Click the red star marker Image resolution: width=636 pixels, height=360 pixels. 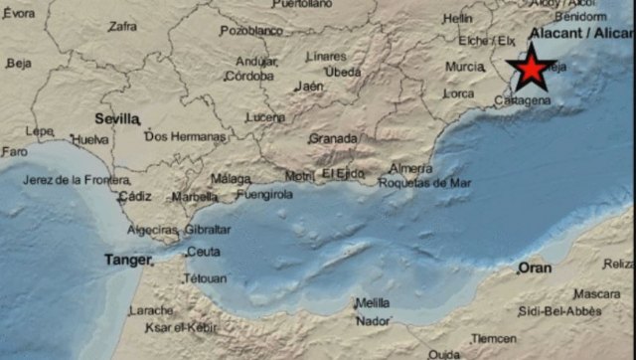coord(533,69)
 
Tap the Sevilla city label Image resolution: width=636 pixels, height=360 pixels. coord(117,118)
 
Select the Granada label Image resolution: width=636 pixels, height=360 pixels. coord(332,138)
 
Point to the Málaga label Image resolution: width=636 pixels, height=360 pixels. coord(231,179)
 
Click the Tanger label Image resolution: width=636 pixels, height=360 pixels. coord(127,261)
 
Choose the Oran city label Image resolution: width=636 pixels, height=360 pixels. coord(535,268)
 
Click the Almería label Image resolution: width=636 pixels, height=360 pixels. coord(411,168)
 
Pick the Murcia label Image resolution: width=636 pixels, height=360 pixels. coord(464,67)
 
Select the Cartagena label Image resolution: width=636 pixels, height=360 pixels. coord(522,101)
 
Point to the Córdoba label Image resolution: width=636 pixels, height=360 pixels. coord(255,76)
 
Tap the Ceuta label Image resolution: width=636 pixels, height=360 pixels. coord(203,253)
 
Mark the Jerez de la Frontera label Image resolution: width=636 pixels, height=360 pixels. coord(77,180)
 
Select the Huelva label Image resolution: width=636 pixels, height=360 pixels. coord(91,140)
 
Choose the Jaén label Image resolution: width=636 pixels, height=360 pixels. coord(309,87)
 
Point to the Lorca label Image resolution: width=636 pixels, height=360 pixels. coord(458,93)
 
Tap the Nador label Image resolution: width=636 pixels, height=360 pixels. coord(373,321)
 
